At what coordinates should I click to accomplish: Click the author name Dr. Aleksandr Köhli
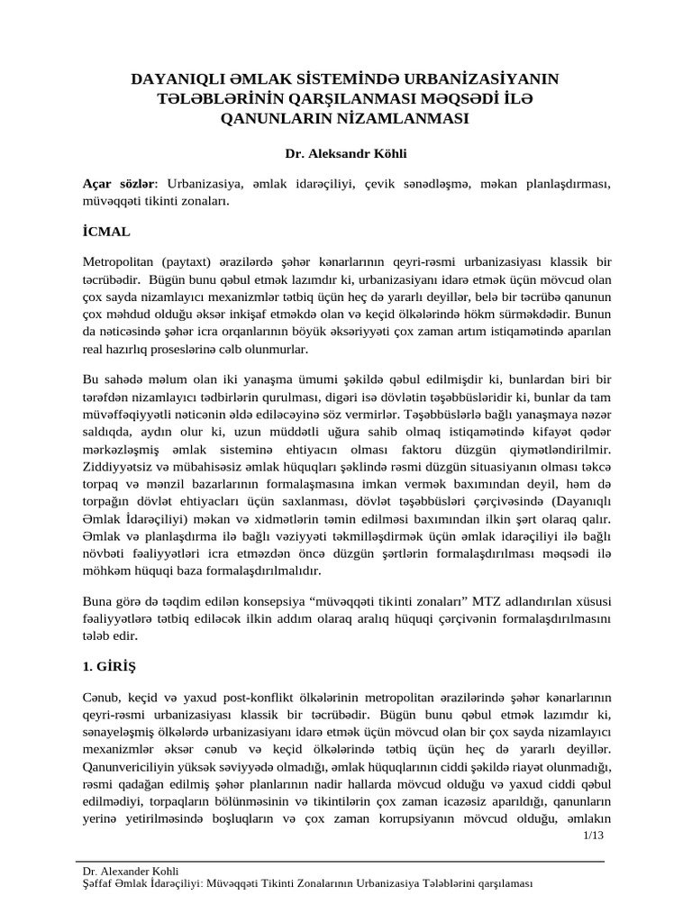(346, 154)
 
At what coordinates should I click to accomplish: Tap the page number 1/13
(593, 836)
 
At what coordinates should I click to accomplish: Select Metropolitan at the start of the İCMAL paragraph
(120, 261)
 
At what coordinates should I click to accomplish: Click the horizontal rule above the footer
(342, 862)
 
